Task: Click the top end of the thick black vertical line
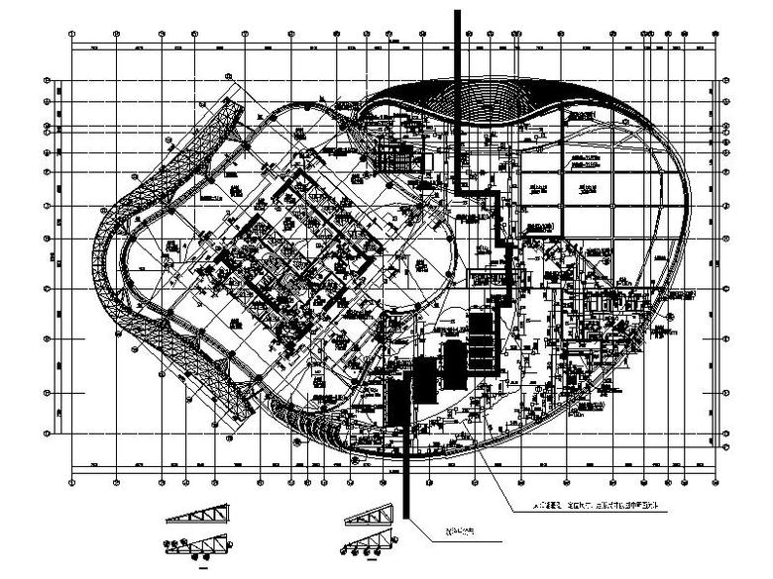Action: tap(458, 12)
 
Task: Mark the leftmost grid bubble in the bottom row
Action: tap(72, 482)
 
